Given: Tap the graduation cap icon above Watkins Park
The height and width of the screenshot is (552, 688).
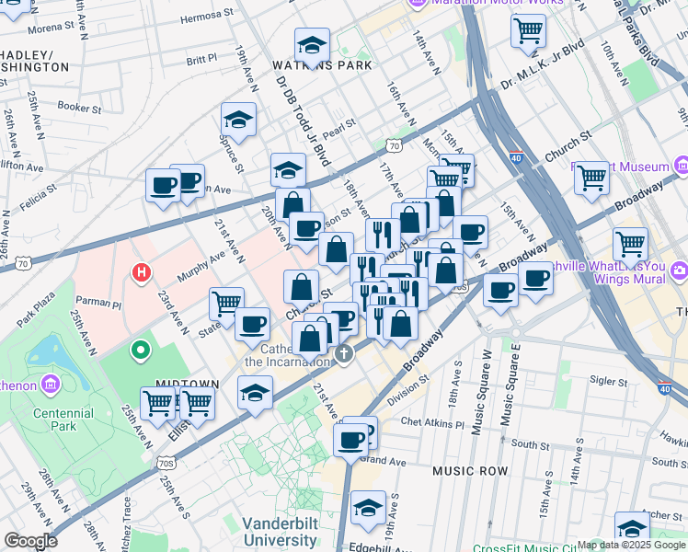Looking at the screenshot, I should (x=312, y=45).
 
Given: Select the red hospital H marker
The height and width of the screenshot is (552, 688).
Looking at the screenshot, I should (x=141, y=272).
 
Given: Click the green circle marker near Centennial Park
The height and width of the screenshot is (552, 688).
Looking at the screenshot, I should (x=140, y=350).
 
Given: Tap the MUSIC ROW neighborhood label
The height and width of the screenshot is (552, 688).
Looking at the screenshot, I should (x=470, y=471).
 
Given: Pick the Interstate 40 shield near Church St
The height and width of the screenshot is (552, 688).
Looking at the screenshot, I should (x=516, y=157).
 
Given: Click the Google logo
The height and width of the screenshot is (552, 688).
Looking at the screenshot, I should (x=30, y=541).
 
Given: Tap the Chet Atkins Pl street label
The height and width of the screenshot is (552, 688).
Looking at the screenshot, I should (x=431, y=422).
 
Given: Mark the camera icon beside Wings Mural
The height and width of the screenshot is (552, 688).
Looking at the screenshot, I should (x=679, y=270).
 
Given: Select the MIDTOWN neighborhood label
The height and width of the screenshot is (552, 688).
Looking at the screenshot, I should (x=187, y=384).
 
